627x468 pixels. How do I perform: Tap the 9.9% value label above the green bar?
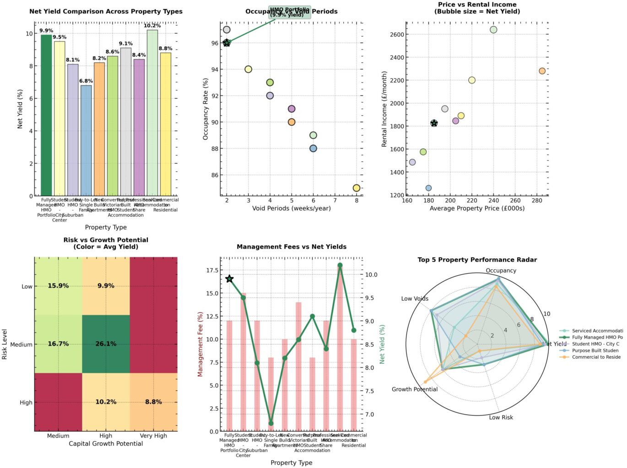coord(46,31)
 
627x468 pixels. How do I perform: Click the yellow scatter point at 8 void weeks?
coord(357,188)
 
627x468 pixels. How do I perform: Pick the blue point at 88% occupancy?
coord(313,149)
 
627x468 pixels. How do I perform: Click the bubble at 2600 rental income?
coord(493,30)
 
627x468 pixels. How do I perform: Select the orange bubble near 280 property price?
coord(542,71)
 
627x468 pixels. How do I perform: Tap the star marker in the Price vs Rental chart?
coord(434,123)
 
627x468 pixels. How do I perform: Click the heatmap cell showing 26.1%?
coord(106,344)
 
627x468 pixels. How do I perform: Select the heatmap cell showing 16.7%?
coord(58,344)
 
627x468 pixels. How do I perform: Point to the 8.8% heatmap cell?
coord(153,402)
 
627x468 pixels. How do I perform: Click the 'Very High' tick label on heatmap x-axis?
coord(153,436)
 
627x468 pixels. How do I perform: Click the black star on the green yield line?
coord(229,279)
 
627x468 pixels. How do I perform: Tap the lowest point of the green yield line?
coord(271,423)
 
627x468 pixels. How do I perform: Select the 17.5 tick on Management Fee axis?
coord(212,270)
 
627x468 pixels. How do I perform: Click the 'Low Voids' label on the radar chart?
coord(415,298)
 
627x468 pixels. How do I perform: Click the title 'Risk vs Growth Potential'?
coord(106,240)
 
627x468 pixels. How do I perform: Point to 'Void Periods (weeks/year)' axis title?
coord(291,208)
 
